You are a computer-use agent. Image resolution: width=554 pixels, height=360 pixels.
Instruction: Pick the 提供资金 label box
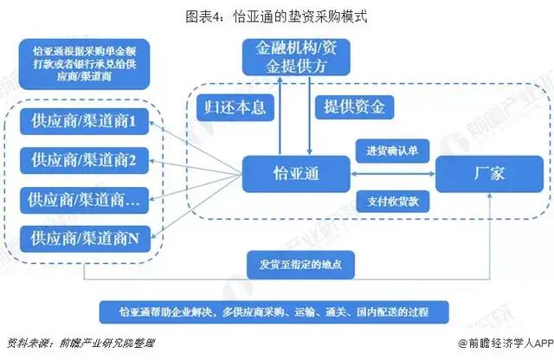click(358, 108)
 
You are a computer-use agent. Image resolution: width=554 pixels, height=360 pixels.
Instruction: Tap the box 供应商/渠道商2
click(84, 160)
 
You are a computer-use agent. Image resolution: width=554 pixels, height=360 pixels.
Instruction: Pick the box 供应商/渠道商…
click(84, 198)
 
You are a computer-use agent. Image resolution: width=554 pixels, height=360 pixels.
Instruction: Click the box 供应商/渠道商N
click(84, 235)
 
